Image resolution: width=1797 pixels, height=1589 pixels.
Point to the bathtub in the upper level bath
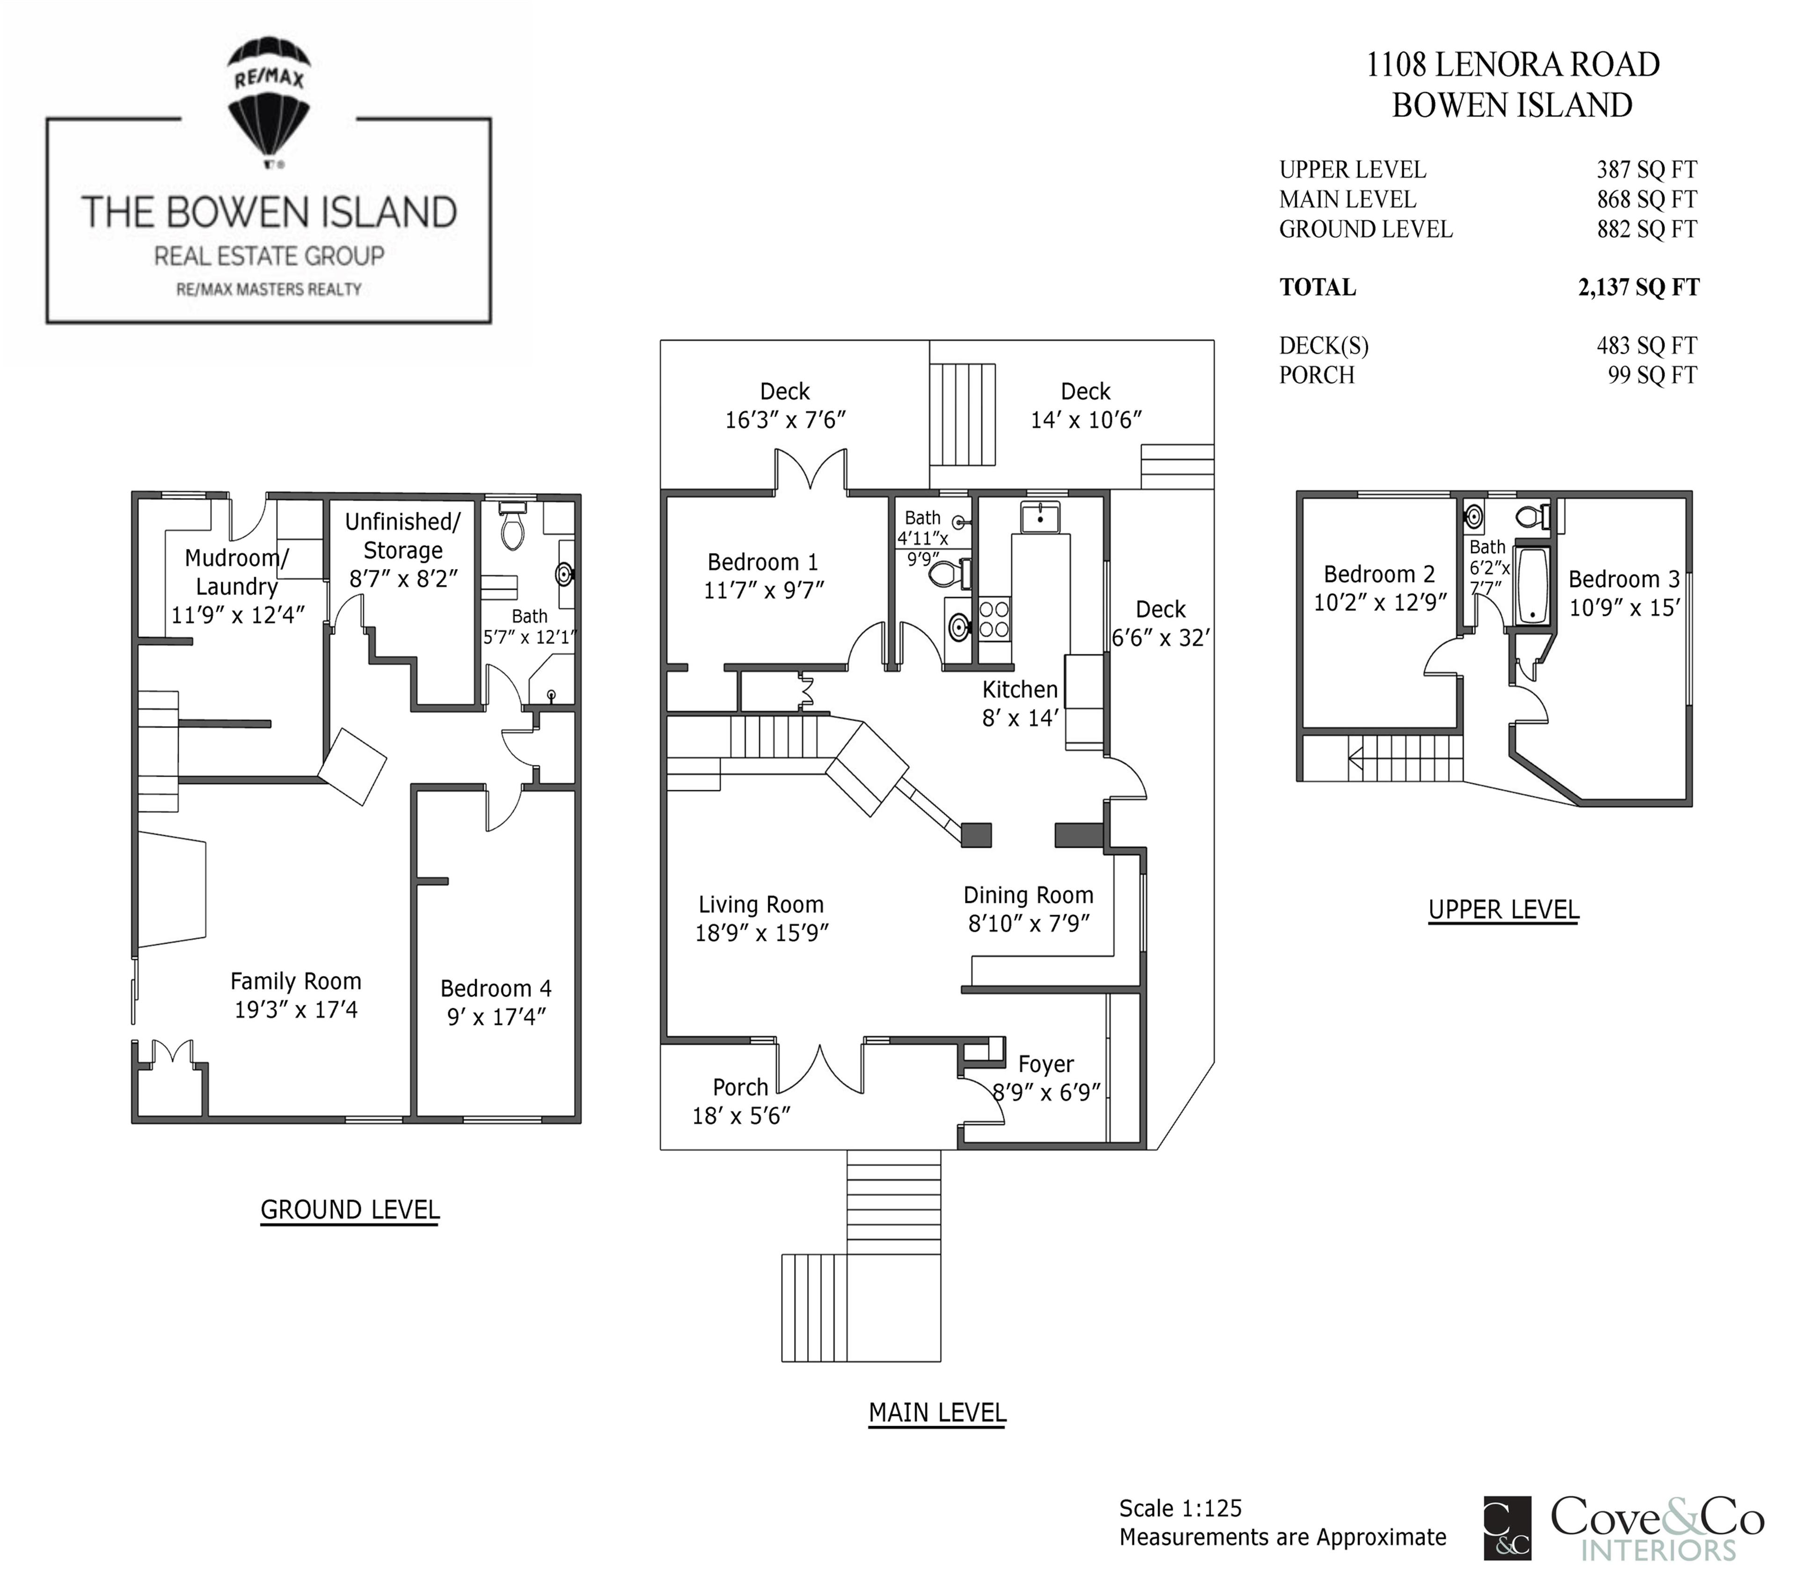1532,584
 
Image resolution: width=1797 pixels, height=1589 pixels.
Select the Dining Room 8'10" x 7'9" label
1028,909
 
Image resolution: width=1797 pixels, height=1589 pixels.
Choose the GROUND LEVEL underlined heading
350,1210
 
